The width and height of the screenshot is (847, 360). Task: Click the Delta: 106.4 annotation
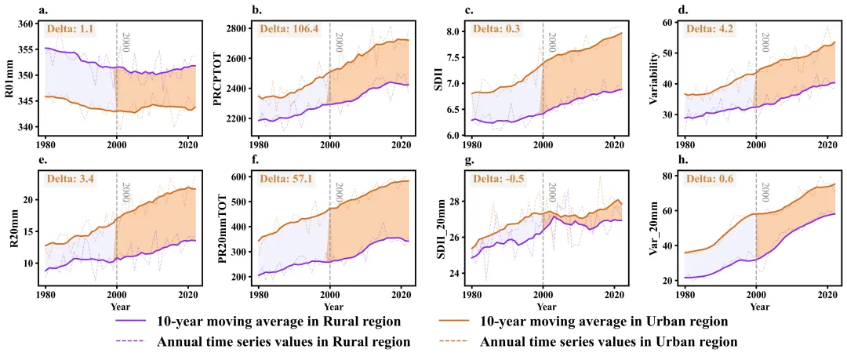tap(287, 29)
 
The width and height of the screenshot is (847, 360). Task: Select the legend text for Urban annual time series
tap(608, 342)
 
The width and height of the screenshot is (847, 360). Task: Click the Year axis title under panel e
tap(120, 305)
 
